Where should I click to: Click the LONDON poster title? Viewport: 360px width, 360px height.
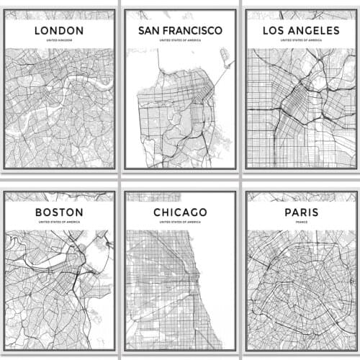59,30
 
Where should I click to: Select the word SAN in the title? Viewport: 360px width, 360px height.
150,30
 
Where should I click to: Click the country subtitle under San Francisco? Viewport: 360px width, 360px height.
179,41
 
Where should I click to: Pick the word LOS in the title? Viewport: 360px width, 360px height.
262,30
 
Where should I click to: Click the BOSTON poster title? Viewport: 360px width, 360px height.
59,212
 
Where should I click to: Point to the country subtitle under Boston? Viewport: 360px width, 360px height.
59,223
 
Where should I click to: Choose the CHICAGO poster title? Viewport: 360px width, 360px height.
179,212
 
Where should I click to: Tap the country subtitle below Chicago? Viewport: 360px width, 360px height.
179,223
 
